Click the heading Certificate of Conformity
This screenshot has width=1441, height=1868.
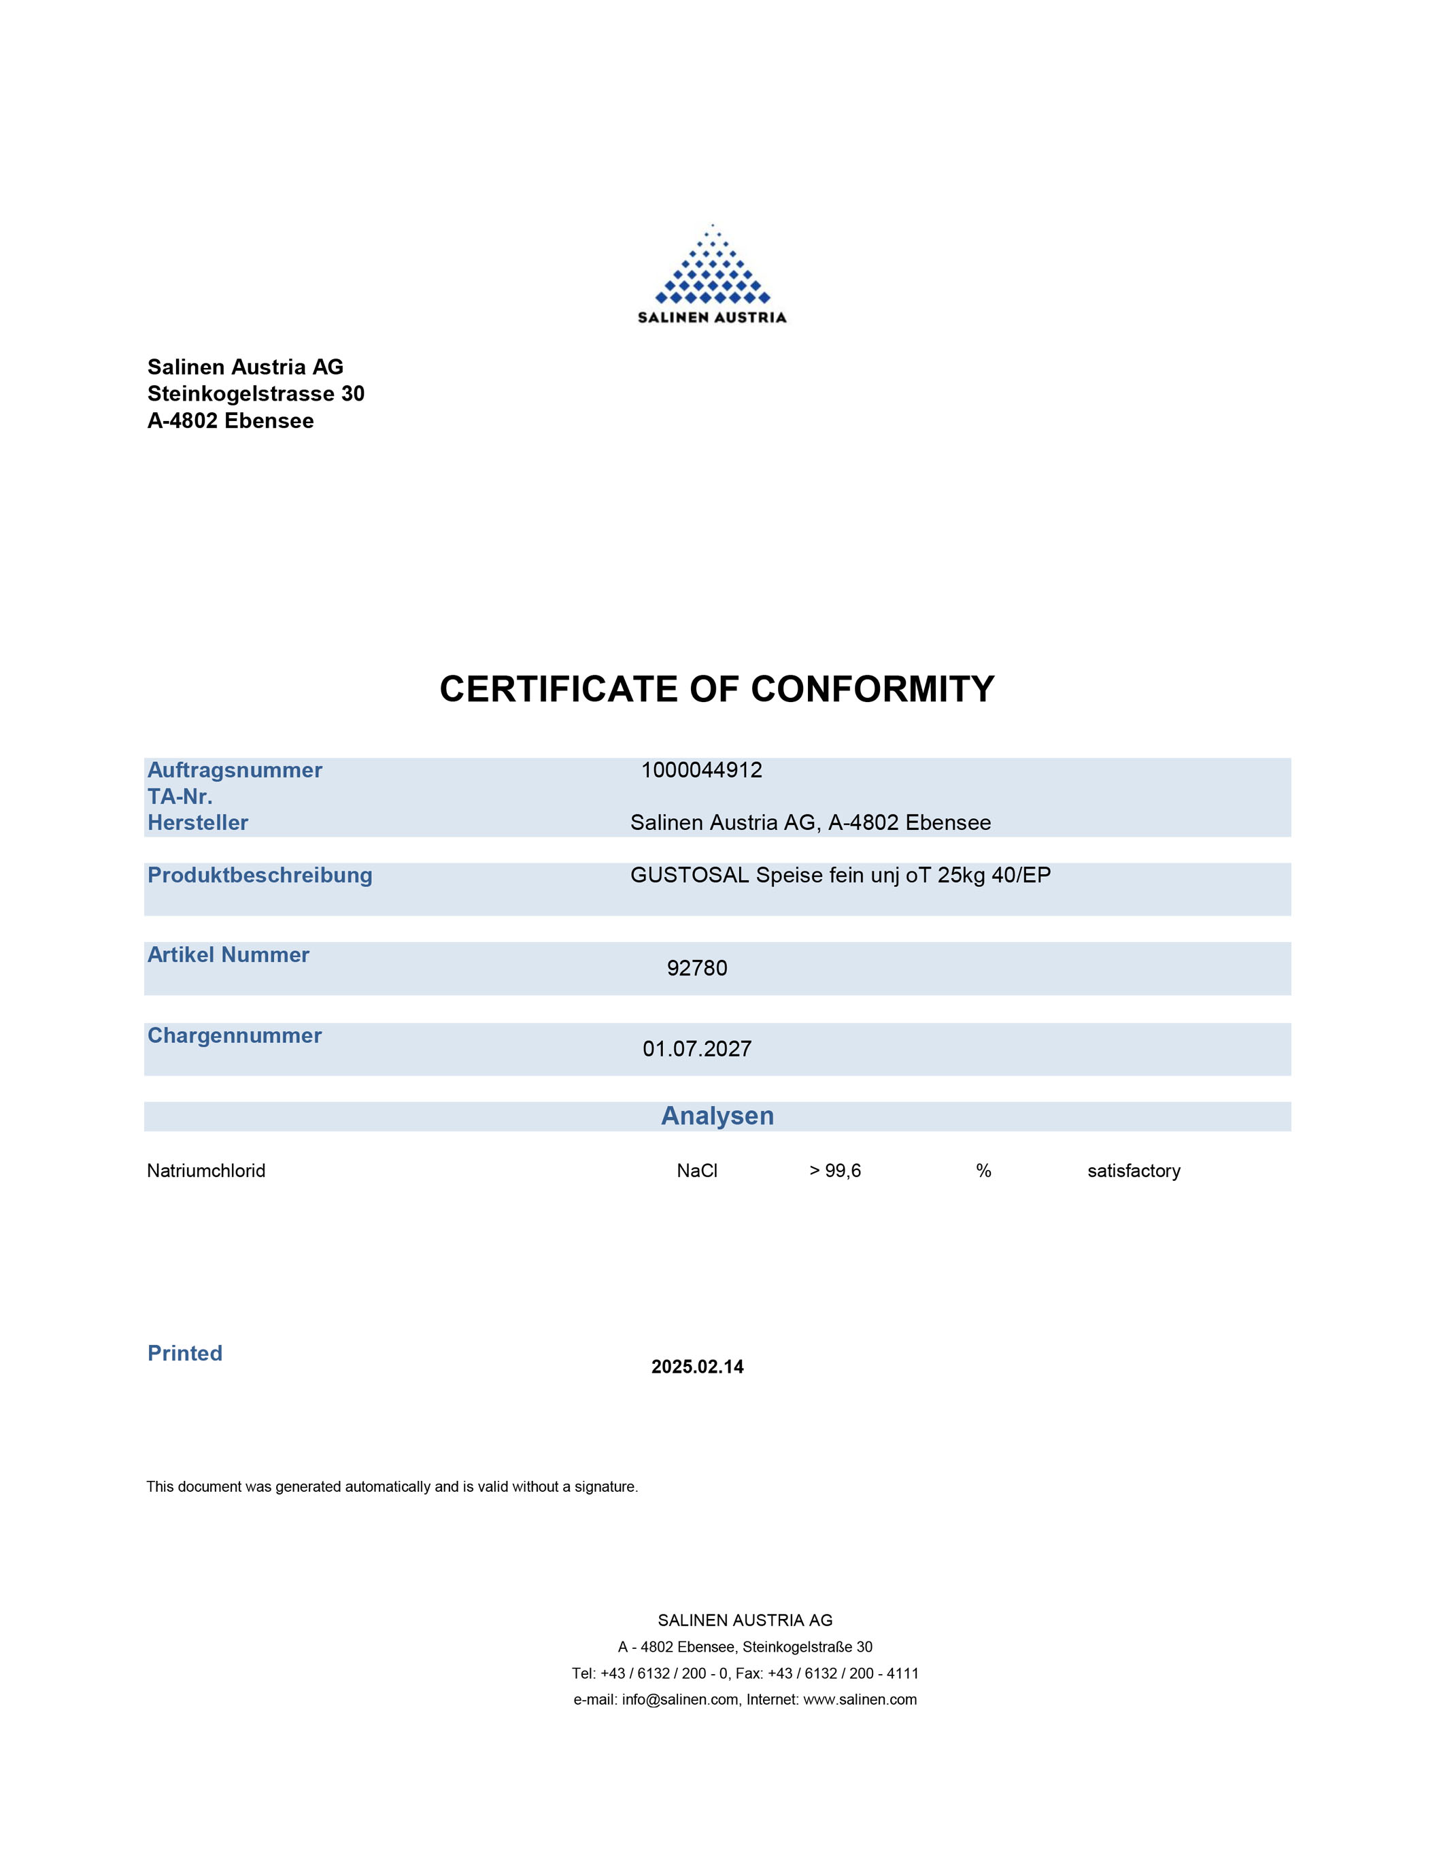pyautogui.click(x=717, y=689)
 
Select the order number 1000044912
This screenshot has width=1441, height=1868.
pyautogui.click(x=701, y=770)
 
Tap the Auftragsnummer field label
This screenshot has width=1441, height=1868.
pyautogui.click(x=235, y=770)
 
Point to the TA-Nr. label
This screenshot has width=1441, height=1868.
pyautogui.click(x=180, y=797)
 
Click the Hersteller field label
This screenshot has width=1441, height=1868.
pyautogui.click(x=197, y=823)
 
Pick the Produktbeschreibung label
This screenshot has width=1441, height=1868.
pyautogui.click(x=260, y=875)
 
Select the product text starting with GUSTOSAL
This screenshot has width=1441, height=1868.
pyautogui.click(x=840, y=875)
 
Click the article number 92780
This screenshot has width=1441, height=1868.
pyautogui.click(x=697, y=968)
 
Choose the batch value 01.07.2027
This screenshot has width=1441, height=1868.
pyautogui.click(x=697, y=1048)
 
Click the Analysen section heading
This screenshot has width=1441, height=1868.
pyautogui.click(x=717, y=1116)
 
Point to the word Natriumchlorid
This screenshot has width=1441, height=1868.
pyautogui.click(x=206, y=1171)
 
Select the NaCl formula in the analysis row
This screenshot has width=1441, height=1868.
pyautogui.click(x=697, y=1171)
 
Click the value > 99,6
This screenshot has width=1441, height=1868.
pyautogui.click(x=834, y=1171)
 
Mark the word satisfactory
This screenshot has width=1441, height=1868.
pyautogui.click(x=1133, y=1171)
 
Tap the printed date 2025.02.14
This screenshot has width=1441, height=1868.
pyautogui.click(x=697, y=1367)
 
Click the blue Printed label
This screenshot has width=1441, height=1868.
pyautogui.click(x=185, y=1353)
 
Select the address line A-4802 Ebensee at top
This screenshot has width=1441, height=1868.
pyautogui.click(x=230, y=421)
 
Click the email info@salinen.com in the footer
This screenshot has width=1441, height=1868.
pyautogui.click(x=680, y=1699)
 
